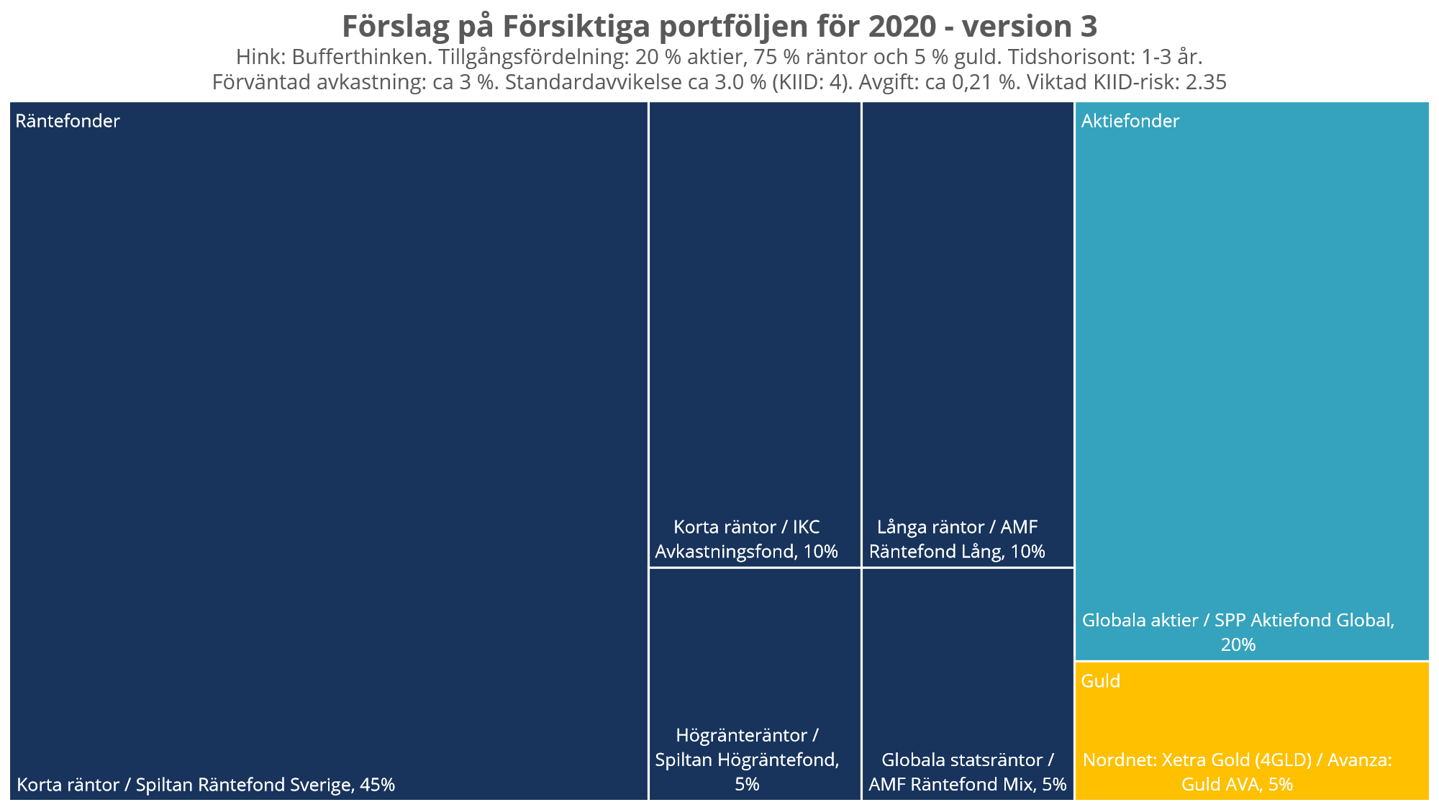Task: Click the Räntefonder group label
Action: (68, 121)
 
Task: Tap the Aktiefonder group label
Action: (1130, 121)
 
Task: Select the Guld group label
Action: (1101, 681)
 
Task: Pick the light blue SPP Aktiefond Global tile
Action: (1252, 360)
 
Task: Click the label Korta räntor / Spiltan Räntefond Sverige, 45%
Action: (206, 785)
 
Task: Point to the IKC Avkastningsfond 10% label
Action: (746, 539)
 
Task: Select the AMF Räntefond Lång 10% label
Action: (957, 539)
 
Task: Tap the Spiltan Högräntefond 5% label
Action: (747, 760)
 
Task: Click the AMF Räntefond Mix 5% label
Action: (967, 773)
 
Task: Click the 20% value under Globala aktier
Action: (1238, 644)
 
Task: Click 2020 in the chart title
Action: (902, 27)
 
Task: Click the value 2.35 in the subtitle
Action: (1206, 82)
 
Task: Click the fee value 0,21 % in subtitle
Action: (985, 82)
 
